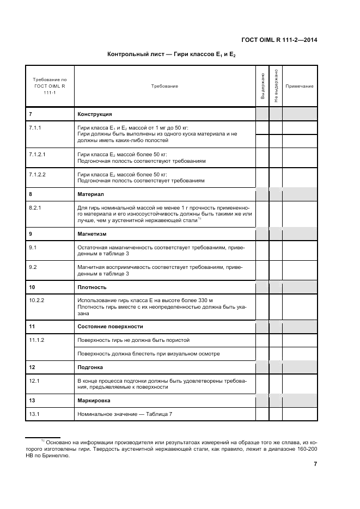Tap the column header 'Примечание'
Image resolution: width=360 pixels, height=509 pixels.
299,86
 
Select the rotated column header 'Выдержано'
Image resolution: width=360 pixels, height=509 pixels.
263,86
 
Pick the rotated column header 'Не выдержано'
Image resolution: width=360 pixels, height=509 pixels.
276,86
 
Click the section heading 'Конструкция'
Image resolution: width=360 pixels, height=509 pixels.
95,114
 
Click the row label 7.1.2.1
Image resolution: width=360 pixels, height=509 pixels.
37,155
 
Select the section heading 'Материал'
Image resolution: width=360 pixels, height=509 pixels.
90,194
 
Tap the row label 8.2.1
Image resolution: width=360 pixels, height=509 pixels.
35,207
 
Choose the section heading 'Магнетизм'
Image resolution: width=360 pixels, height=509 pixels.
92,234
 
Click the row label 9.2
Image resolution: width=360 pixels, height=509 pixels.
32,267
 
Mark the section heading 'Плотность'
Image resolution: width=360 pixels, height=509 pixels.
92,287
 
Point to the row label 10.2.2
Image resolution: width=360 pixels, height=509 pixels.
36,301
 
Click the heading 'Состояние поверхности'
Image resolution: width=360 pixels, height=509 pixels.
110,327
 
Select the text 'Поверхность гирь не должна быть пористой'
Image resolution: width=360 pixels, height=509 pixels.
133,340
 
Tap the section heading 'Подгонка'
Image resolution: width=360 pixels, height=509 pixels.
90,367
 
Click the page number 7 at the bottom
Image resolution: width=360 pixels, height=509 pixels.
315,464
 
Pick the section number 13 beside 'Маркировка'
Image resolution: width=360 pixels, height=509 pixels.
32,401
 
